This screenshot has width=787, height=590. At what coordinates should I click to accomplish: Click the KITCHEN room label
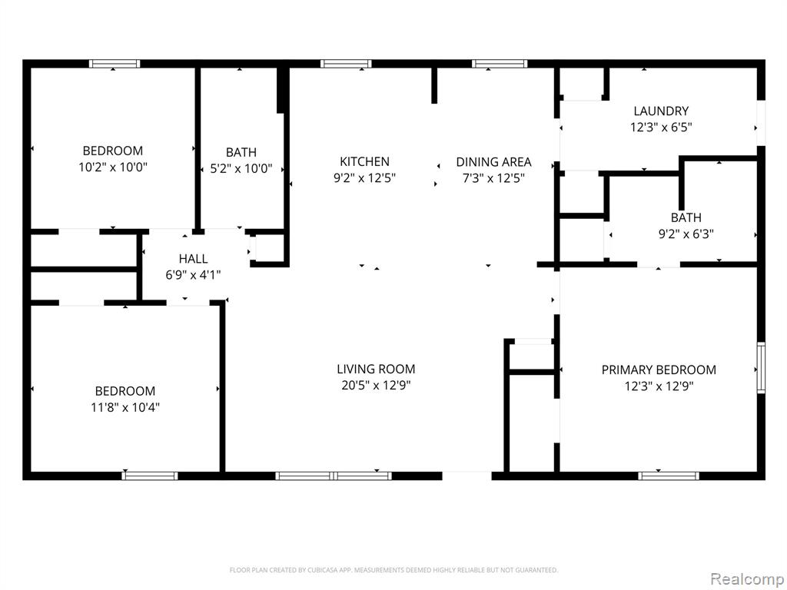click(364, 161)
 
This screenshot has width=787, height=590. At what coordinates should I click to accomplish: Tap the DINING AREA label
click(493, 162)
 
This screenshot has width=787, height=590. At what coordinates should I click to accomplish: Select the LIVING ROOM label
click(376, 370)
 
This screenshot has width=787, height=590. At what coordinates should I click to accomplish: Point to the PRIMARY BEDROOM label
click(659, 370)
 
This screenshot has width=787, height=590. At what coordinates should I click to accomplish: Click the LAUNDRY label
click(661, 111)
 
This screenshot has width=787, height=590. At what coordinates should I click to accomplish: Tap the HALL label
click(193, 259)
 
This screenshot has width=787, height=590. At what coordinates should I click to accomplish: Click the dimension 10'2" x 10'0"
click(113, 167)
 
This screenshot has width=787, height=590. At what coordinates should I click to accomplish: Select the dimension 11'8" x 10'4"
click(125, 407)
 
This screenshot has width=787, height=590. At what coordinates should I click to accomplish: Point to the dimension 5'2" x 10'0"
click(241, 168)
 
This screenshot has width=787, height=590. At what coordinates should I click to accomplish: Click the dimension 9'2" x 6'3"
click(686, 234)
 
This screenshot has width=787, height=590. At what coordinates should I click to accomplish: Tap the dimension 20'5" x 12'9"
click(376, 386)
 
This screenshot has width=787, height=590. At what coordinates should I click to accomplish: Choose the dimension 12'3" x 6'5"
click(661, 127)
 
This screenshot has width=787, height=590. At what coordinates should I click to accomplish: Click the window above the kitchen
click(346, 64)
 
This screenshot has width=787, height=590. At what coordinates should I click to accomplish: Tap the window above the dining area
click(500, 64)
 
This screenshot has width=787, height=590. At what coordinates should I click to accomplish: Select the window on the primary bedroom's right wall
click(761, 366)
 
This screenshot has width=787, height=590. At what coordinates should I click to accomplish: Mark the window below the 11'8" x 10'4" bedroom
click(150, 476)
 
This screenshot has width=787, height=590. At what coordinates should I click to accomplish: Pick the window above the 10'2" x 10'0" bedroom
click(115, 64)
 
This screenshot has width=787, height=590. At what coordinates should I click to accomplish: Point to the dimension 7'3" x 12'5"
click(493, 178)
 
